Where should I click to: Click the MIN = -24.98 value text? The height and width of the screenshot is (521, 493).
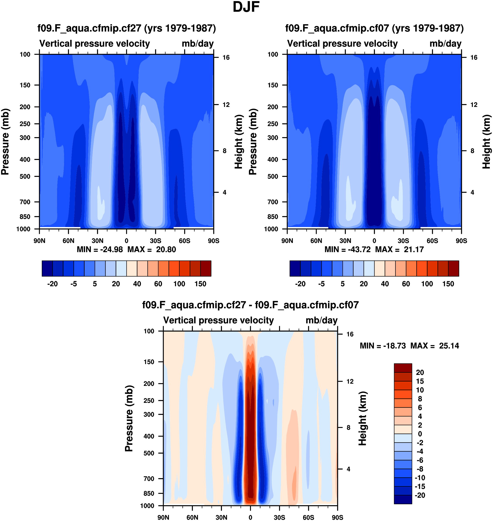(100, 249)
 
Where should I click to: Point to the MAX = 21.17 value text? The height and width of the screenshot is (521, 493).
(399, 249)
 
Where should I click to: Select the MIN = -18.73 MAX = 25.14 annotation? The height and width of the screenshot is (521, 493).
(409, 346)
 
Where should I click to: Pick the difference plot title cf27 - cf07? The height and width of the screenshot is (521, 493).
(250, 305)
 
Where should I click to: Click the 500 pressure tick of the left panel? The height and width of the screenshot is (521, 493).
(25, 176)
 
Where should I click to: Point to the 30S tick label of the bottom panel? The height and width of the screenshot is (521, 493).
(279, 517)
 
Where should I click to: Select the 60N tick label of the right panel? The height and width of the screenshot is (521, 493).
(316, 241)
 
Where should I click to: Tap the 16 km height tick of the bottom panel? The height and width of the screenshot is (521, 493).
(350, 334)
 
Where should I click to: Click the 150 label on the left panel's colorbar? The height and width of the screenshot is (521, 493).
(200, 284)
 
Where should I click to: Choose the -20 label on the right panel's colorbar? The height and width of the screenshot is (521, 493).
(300, 284)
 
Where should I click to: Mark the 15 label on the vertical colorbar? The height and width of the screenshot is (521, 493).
(420, 381)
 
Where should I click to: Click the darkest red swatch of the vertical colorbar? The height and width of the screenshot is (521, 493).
(403, 368)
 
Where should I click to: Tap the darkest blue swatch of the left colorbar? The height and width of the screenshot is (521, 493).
(47, 268)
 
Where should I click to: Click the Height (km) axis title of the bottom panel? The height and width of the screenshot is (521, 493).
(363, 418)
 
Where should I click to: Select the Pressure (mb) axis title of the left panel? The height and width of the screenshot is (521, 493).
(5, 142)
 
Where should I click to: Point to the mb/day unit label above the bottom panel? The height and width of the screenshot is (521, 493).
(321, 320)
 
